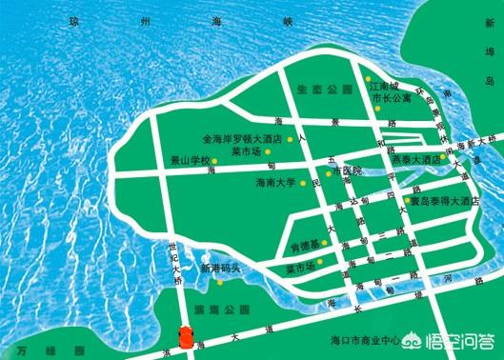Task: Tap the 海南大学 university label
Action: (x=277, y=182)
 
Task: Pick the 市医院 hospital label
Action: (x=347, y=172)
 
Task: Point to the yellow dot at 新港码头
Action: (x=220, y=281)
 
